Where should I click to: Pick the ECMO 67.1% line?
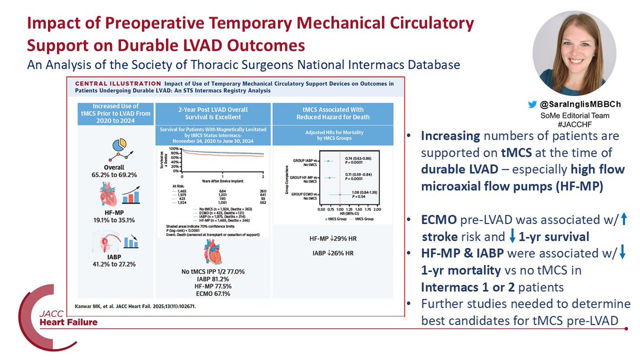click(221, 293)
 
